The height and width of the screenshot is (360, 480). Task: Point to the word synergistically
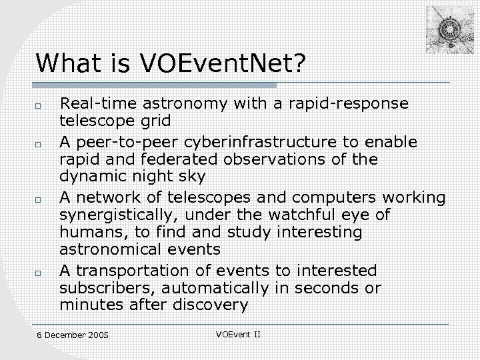[x=112, y=215]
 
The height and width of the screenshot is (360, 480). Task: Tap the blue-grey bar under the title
[x=157, y=85]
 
